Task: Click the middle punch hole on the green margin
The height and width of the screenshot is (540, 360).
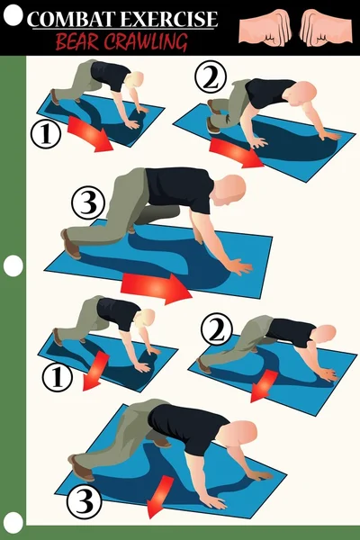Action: coord(13,265)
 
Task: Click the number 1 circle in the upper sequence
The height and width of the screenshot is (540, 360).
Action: coord(46,134)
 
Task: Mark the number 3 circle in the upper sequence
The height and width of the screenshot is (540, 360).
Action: coord(87,204)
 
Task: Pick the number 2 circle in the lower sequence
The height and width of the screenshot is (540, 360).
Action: coord(215,332)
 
